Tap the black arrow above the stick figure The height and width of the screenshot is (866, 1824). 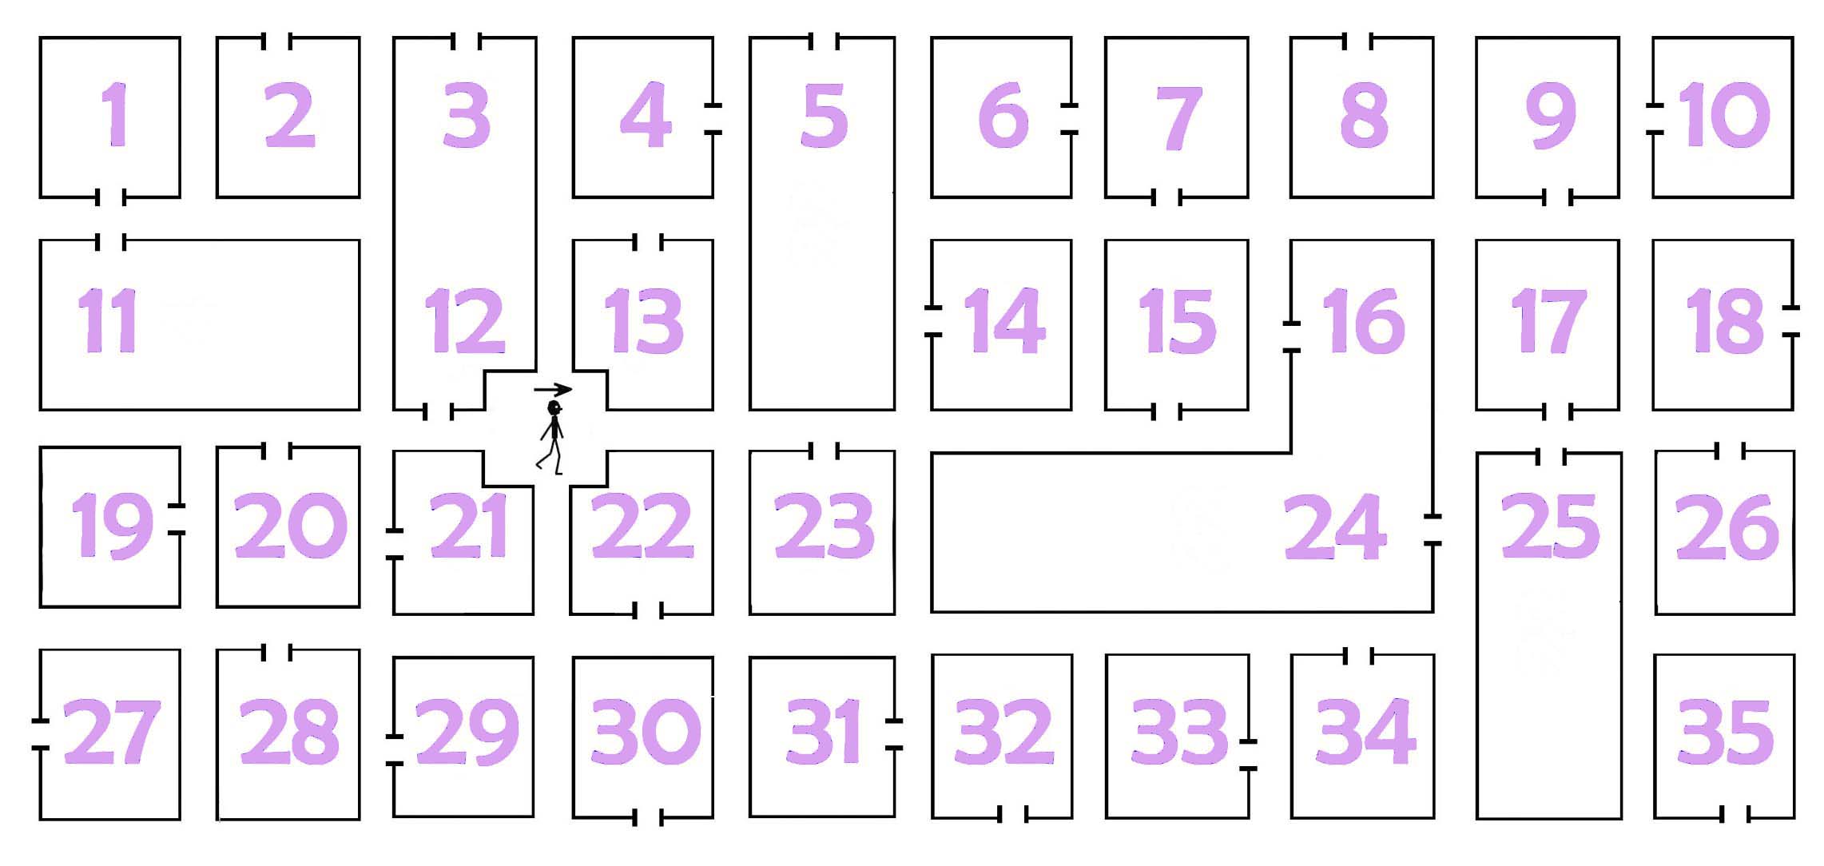553,390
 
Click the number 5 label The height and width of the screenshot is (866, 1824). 824,117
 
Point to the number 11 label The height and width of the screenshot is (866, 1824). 107,321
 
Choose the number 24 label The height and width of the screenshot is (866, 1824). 1334,527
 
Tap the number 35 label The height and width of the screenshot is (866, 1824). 1726,731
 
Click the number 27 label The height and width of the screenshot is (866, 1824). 112,731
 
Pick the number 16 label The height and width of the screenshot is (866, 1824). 1364,321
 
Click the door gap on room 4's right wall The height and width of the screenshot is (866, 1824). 713,119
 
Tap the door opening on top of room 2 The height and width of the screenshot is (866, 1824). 276,41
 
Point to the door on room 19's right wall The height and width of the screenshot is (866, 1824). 177,519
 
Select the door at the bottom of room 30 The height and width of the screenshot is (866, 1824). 648,817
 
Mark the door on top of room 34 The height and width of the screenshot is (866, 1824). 1359,657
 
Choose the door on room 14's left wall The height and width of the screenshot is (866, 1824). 932,320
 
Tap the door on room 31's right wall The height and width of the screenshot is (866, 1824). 894,735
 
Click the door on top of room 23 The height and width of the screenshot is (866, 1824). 824,451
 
